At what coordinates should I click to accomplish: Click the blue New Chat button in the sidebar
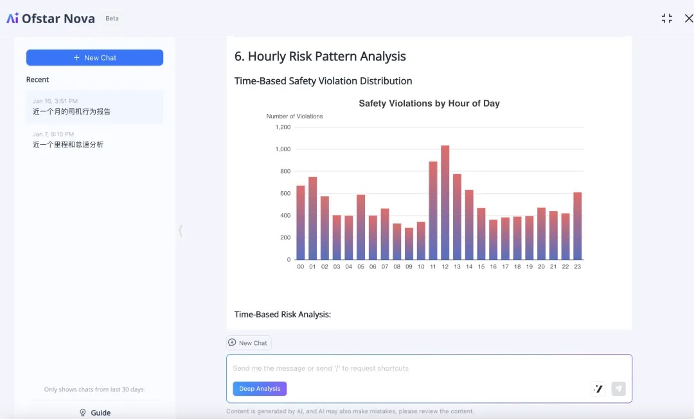coord(94,57)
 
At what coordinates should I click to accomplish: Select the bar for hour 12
coord(445,203)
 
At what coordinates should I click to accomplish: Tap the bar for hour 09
coord(409,243)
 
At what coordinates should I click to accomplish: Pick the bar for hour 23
coord(578,226)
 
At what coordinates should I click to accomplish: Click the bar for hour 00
coord(300,223)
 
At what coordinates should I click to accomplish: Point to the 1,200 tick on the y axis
coord(283,127)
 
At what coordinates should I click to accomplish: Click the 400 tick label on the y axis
coord(284,216)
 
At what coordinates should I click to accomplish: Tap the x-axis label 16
coord(493,266)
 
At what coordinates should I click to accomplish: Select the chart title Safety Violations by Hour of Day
coord(429,104)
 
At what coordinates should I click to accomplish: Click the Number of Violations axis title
coord(294,116)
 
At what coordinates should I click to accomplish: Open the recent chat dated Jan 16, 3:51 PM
coord(94,107)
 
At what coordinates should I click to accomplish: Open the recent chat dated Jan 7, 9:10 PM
coord(94,140)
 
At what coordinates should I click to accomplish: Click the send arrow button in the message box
coord(618,388)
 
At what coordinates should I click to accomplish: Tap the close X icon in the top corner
coord(689,19)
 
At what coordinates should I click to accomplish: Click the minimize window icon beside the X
coord(667,19)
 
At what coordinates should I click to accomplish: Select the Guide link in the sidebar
coord(95,413)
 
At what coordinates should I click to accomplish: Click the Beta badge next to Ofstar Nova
coord(112,19)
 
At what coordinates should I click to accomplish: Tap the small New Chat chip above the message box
coord(249,343)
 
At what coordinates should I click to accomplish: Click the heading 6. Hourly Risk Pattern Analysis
coord(320,57)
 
